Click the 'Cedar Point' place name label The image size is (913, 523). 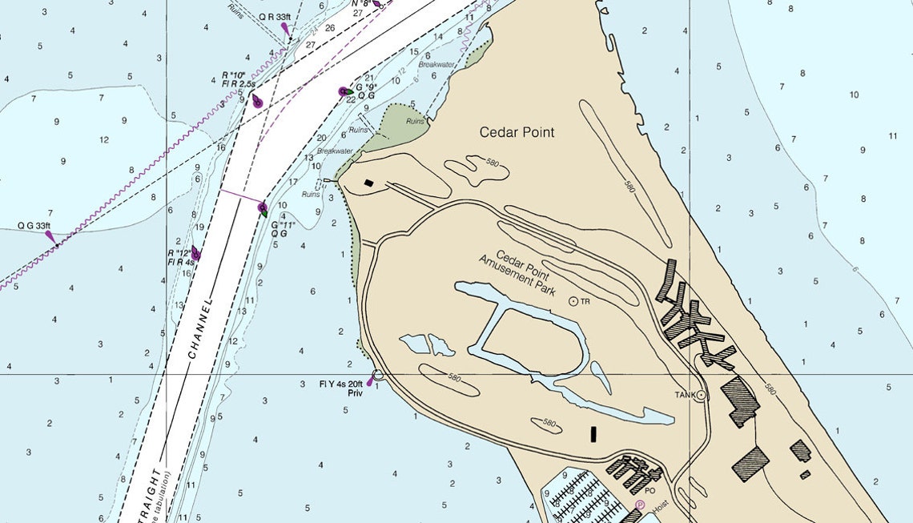(517, 132)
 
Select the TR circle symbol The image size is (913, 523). (573, 301)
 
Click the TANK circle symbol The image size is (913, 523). (702, 395)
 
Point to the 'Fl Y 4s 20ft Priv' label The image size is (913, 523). (341, 388)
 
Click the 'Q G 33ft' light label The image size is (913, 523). (34, 226)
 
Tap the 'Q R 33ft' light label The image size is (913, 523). (276, 17)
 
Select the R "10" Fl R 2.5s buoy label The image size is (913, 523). (238, 79)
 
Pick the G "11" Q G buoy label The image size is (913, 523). (283, 229)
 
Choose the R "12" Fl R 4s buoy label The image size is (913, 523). (180, 257)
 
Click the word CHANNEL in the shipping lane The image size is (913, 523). (200, 329)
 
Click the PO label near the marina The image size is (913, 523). (650, 491)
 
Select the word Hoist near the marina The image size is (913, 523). (660, 506)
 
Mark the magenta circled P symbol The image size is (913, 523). (640, 505)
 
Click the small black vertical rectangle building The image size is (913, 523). (593, 434)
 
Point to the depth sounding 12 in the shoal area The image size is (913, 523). (104, 140)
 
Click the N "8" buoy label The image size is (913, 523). (361, 3)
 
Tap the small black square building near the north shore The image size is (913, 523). (368, 183)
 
